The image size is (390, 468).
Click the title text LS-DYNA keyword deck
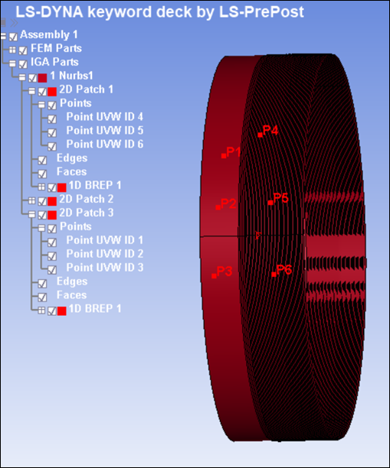pyautogui.click(x=103, y=12)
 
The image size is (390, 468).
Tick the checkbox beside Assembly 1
pyautogui.click(x=13, y=37)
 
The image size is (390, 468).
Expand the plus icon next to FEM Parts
pyautogui.click(x=12, y=50)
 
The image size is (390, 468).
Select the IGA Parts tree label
pyautogui.click(x=54, y=62)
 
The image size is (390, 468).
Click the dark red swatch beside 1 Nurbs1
pyautogui.click(x=42, y=78)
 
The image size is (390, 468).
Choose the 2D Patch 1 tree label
pyautogui.click(x=86, y=89)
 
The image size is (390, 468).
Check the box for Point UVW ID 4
pyautogui.click(x=52, y=119)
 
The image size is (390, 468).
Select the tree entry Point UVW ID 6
pyautogui.click(x=105, y=145)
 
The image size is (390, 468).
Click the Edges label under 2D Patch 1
pyautogui.click(x=72, y=158)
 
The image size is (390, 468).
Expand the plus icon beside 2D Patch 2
pyautogui.click(x=31, y=200)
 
